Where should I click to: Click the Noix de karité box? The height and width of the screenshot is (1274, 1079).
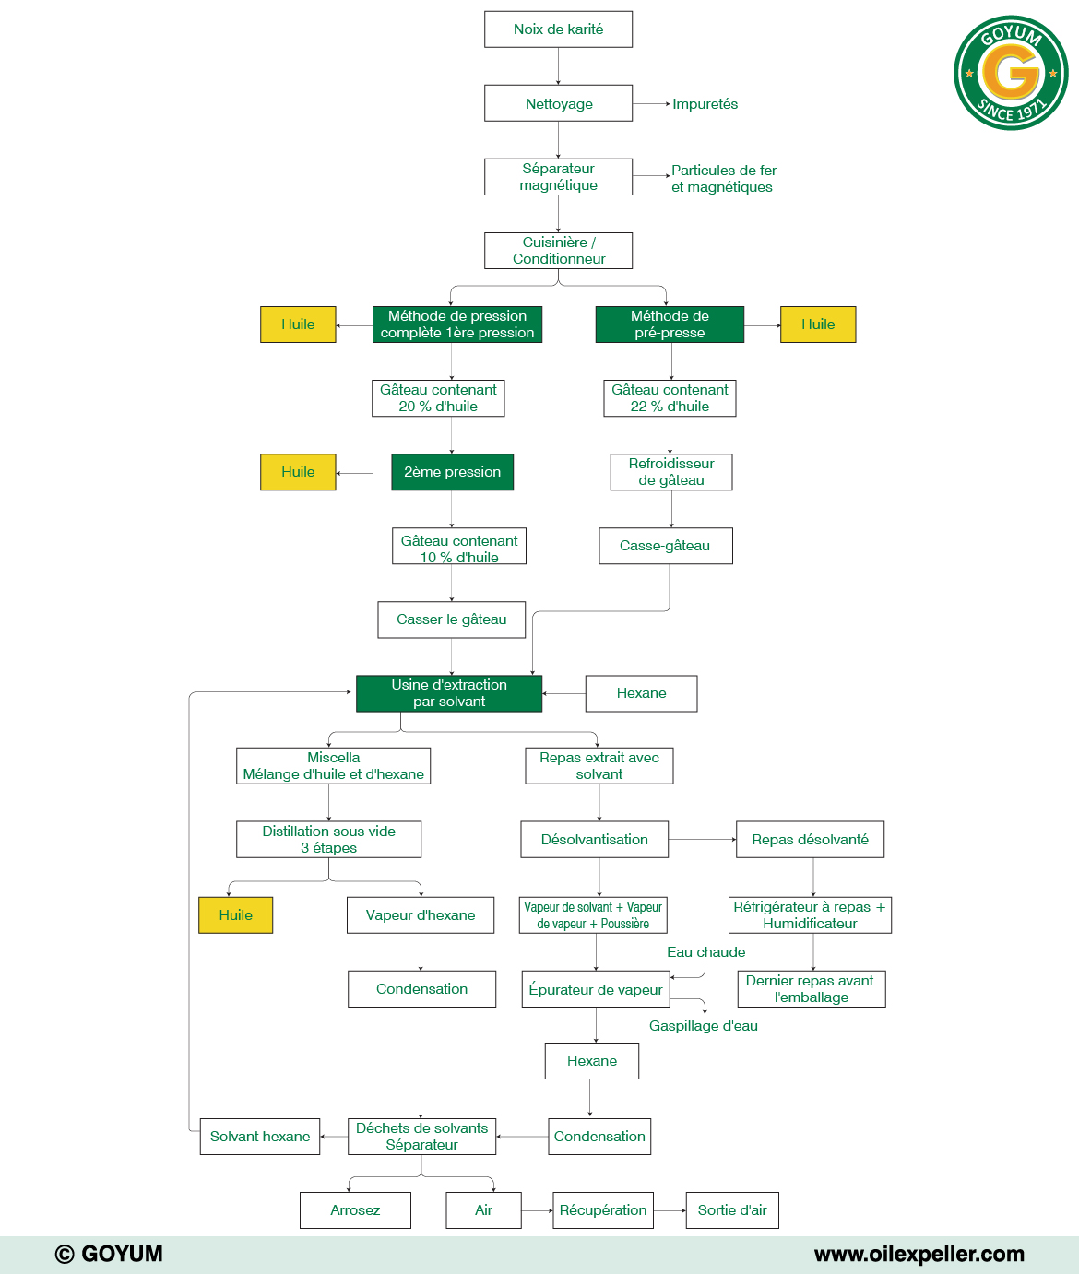(558, 29)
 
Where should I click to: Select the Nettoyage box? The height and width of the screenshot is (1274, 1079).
(558, 103)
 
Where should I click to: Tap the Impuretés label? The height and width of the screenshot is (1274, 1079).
(705, 104)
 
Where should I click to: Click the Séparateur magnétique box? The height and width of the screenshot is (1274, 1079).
(558, 177)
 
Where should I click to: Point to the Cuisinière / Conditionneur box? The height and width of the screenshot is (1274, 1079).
(558, 251)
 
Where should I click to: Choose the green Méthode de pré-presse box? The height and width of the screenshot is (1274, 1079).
(670, 324)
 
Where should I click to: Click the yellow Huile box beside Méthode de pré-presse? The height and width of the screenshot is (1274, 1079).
(818, 324)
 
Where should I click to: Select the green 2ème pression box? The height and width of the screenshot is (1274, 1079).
(452, 472)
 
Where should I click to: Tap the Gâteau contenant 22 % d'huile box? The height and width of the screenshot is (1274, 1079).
(670, 398)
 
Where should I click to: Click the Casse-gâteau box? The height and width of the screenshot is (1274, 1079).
(665, 546)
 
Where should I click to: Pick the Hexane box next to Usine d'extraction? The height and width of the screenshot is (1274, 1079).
(641, 693)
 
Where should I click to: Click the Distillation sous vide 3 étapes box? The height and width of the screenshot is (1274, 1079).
(328, 840)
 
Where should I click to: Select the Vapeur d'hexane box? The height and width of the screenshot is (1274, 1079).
(421, 915)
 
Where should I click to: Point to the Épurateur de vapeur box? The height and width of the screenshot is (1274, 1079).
(596, 989)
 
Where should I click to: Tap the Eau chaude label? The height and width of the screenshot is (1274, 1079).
(705, 952)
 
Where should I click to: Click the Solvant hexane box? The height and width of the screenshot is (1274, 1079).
(260, 1137)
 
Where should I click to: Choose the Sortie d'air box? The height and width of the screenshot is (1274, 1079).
(732, 1210)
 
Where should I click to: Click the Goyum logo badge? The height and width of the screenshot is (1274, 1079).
(1011, 73)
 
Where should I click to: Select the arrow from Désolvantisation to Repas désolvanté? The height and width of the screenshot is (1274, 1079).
(702, 840)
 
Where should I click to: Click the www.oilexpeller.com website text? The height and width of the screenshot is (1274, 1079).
(919, 1255)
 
